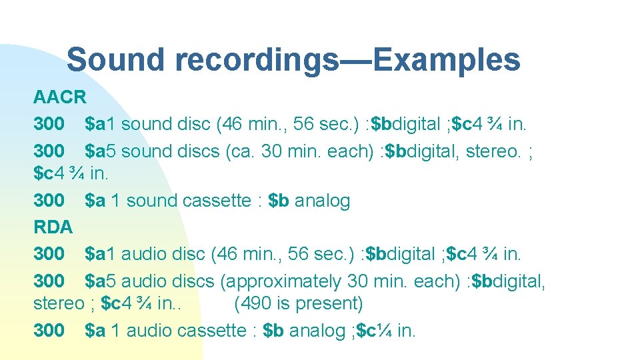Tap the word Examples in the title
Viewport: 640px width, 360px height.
tap(447, 60)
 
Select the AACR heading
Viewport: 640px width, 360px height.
tap(60, 97)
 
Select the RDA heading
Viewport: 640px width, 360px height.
tap(53, 227)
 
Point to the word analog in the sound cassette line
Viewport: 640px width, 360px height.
tap(322, 201)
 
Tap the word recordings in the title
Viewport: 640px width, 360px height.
tap(257, 60)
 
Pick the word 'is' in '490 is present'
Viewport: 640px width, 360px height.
tap(282, 304)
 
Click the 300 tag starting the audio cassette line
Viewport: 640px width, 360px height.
tap(49, 330)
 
